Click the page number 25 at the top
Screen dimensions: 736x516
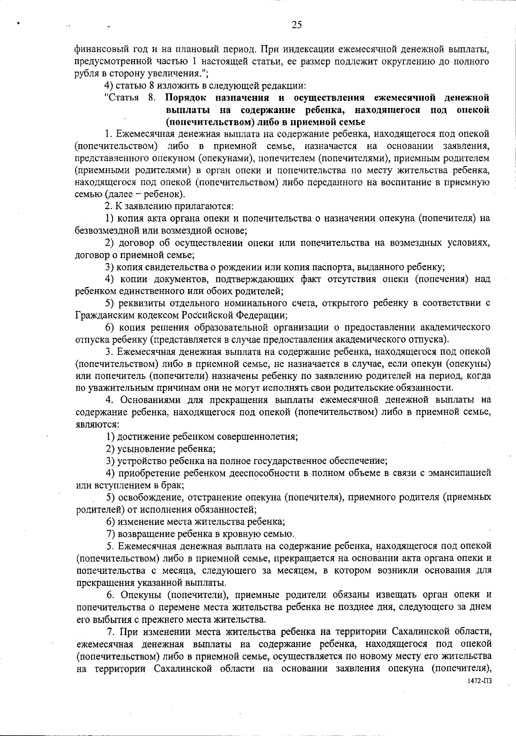[297, 25]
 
